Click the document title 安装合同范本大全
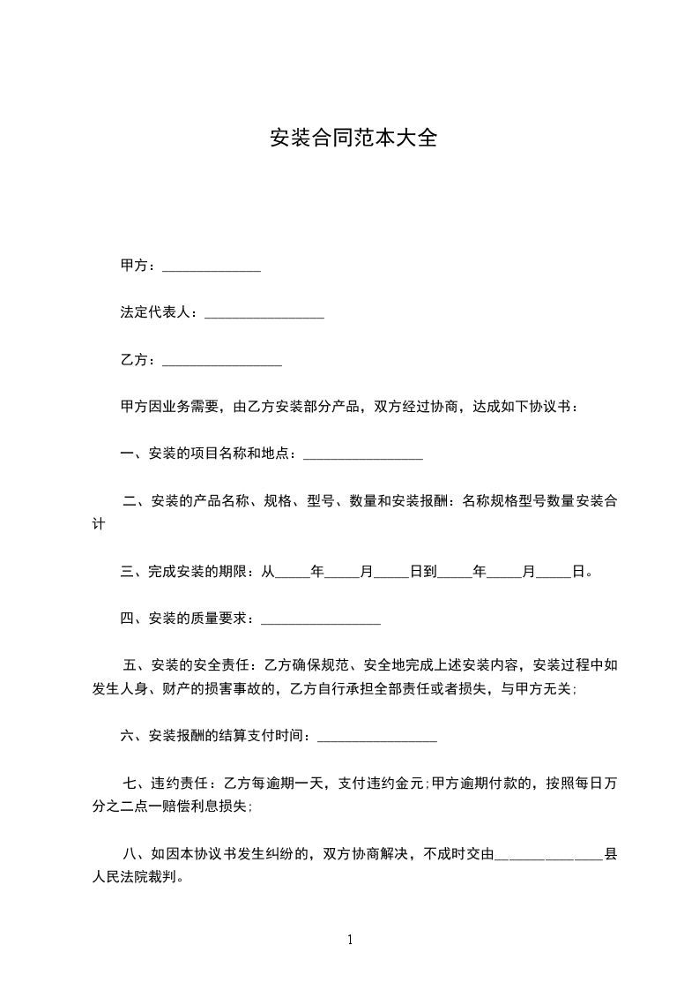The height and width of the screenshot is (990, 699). click(353, 139)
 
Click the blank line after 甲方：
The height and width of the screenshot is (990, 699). click(212, 266)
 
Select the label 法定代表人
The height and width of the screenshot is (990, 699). click(155, 313)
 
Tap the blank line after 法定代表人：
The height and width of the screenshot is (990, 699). click(264, 314)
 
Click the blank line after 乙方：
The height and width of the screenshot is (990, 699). click(222, 361)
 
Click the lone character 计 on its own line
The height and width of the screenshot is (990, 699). click(100, 524)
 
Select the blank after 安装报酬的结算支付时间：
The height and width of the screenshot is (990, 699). click(376, 736)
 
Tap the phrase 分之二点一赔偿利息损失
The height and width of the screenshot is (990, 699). click(170, 806)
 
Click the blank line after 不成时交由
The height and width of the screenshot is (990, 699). click(548, 854)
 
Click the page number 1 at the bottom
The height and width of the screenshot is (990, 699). click(350, 941)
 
